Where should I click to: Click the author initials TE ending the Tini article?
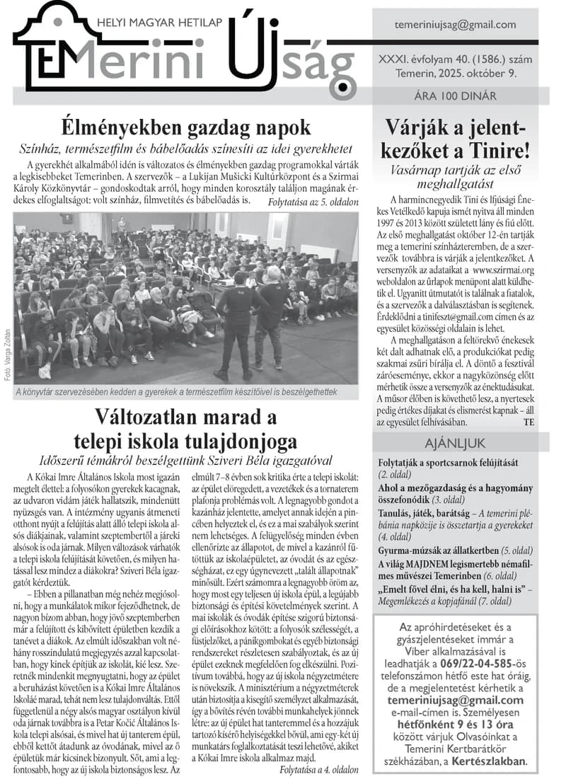coord(529,422)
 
